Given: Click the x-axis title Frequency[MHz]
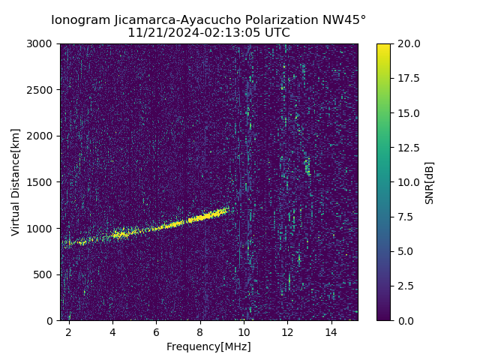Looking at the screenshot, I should (x=208, y=346).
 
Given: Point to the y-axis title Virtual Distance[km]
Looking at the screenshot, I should (x=16, y=182).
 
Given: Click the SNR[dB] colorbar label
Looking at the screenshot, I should (x=430, y=182).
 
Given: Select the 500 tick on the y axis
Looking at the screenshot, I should (x=46, y=274).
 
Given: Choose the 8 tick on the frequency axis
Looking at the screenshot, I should (x=199, y=332).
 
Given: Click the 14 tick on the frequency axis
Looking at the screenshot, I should (x=331, y=332).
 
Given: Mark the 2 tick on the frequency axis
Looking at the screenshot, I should (x=69, y=332).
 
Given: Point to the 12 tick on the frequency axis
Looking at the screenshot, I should (x=287, y=332).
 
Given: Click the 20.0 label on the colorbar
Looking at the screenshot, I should (x=408, y=43).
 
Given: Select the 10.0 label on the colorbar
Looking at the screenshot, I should (x=408, y=182).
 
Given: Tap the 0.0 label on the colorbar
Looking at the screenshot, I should (x=406, y=320).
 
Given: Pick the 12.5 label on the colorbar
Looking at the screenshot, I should (x=408, y=148).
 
